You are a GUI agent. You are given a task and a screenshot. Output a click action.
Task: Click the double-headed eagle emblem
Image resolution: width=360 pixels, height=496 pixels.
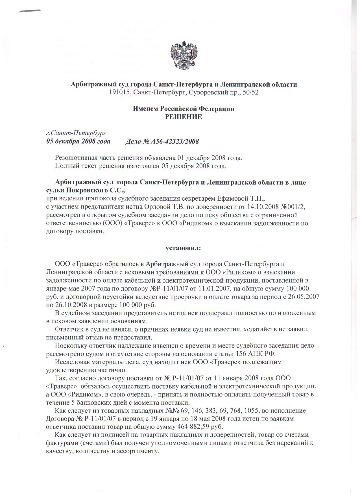pos(184,55)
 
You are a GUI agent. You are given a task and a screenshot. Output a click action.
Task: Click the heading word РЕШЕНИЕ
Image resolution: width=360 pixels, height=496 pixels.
pos(183,117)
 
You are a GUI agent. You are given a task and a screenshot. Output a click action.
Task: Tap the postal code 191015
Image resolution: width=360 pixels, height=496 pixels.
pos(119,92)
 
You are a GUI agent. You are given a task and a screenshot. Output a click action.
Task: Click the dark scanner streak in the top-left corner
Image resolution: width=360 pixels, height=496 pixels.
pos(30,11)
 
